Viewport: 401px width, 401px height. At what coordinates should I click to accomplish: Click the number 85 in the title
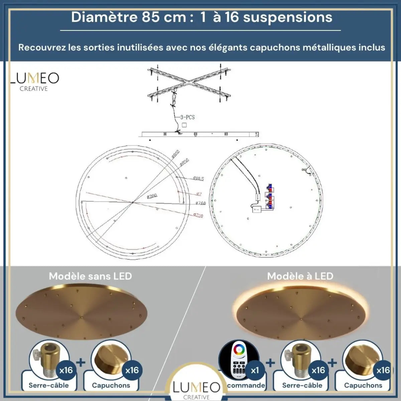(x=151, y=17)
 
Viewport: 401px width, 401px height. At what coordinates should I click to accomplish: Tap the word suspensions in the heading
(x=287, y=17)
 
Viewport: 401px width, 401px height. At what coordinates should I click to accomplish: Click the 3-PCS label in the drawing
(x=187, y=117)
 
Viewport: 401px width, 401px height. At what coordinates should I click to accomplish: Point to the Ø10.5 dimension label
(x=198, y=178)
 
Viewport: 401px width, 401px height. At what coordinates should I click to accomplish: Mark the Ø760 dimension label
(x=200, y=203)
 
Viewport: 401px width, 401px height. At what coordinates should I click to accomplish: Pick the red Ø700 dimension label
(x=198, y=216)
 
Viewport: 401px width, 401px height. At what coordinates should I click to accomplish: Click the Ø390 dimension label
(x=152, y=196)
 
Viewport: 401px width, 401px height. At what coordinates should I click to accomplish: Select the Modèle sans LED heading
(x=90, y=276)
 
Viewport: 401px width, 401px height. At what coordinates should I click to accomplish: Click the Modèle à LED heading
(x=300, y=276)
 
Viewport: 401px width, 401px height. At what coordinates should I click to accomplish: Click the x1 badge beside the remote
(x=255, y=370)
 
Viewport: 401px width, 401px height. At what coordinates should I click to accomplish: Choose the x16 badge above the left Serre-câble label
(x=66, y=370)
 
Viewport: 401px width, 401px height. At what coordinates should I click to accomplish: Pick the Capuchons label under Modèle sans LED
(x=111, y=385)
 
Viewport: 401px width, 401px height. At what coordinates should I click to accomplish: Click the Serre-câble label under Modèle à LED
(x=302, y=385)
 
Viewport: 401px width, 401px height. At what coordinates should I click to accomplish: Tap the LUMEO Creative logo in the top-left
(x=34, y=81)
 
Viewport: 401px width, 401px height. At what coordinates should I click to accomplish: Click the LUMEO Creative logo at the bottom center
(x=196, y=390)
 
